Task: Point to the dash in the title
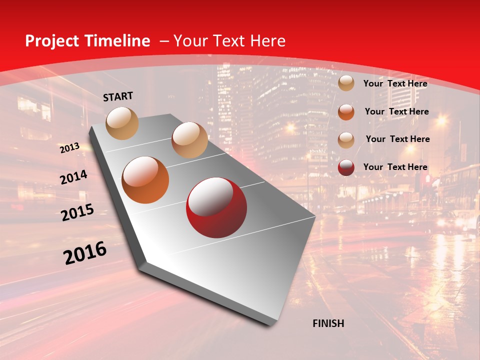click(x=164, y=41)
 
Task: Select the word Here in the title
click(x=268, y=41)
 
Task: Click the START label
click(x=118, y=96)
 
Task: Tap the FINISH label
click(x=328, y=323)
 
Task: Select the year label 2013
click(x=69, y=148)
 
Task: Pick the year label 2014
click(x=73, y=177)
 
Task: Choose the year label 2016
click(x=85, y=253)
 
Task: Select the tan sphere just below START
click(x=122, y=123)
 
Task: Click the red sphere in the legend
click(x=346, y=167)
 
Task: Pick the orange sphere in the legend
click(x=346, y=112)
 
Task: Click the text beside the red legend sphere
click(x=395, y=167)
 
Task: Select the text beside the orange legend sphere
click(x=396, y=111)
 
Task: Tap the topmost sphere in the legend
click(x=346, y=83)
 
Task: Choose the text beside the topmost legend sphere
click(x=395, y=83)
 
